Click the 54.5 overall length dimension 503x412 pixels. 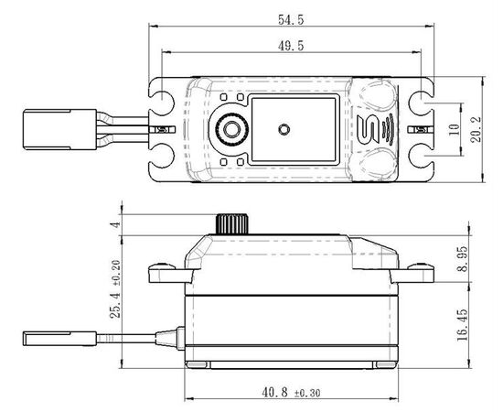pyautogui.click(x=291, y=20)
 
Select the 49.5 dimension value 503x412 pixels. pyautogui.click(x=291, y=46)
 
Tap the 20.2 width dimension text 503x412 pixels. pyautogui.click(x=476, y=129)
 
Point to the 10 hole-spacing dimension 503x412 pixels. pyautogui.click(x=454, y=129)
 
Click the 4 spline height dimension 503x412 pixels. pyautogui.click(x=115, y=224)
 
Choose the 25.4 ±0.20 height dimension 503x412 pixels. pyautogui.click(x=115, y=289)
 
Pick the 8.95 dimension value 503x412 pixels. pyautogui.click(x=463, y=259)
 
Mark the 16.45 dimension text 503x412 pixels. pyautogui.click(x=463, y=325)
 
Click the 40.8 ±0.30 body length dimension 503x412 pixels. pyautogui.click(x=291, y=393)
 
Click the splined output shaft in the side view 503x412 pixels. pyautogui.click(x=232, y=223)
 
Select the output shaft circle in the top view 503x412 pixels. pyautogui.click(x=231, y=129)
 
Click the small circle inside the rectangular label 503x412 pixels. pyautogui.click(x=284, y=129)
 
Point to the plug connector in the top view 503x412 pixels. pyautogui.click(x=59, y=129)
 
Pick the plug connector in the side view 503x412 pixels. pyautogui.click(x=59, y=339)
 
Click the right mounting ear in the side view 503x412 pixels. pyautogui.click(x=412, y=273)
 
